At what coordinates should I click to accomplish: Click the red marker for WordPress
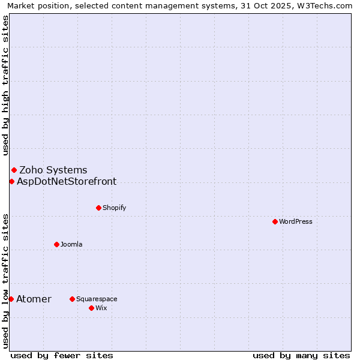pos(275,221)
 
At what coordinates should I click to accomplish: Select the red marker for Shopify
pos(99,208)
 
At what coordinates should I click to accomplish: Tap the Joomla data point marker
pos(57,244)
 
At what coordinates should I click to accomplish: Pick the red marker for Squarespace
pos(73,299)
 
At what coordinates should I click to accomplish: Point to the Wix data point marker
pos(92,308)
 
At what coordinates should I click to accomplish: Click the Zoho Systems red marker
pos(14,170)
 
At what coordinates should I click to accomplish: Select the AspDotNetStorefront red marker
pos(11,181)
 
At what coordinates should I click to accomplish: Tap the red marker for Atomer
pos(11,299)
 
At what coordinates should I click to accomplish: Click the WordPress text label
pos(296,221)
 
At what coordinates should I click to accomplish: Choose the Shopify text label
pos(114,208)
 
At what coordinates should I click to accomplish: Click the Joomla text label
pos(71,244)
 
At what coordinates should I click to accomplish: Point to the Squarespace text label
pos(97,299)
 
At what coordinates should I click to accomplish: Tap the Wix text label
pos(101,308)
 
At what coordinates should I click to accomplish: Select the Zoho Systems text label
pos(53,170)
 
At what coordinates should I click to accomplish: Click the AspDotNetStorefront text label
pos(67,181)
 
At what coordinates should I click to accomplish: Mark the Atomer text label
pos(34,299)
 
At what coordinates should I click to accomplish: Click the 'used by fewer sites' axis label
pos(62,355)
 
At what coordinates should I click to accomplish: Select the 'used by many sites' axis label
pos(301,355)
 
